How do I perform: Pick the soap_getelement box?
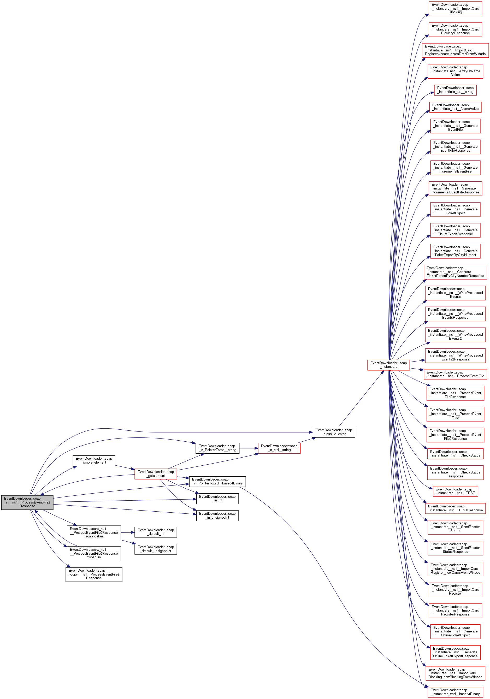tap(156, 473)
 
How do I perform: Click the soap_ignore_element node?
tap(94, 460)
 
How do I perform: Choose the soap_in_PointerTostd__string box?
tap(217, 448)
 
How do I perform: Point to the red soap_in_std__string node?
tap(279, 448)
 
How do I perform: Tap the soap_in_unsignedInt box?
tap(217, 516)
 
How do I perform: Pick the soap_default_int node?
tap(156, 532)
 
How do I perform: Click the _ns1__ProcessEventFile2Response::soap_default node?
tap(94, 532)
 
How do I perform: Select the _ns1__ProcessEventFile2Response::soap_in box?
tap(94, 553)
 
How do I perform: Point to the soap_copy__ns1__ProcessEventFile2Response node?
tap(94, 574)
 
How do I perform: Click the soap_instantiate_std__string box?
tap(455, 90)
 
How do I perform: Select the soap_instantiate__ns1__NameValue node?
tap(455, 107)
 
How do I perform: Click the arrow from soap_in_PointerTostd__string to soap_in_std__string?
tap(249, 448)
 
